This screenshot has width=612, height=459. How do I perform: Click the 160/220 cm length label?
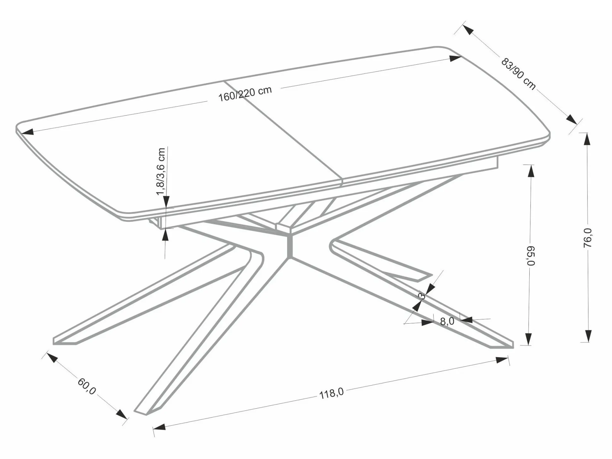click(245, 93)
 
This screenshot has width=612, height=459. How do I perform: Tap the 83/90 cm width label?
click(518, 74)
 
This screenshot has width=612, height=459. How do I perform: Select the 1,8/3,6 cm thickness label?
click(161, 172)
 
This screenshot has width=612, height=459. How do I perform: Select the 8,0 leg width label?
click(447, 321)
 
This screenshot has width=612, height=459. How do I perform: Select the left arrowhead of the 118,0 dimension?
click(159, 427)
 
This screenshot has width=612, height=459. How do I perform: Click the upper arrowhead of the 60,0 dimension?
click(51, 357)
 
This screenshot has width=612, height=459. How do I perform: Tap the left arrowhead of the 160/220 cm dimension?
click(25, 132)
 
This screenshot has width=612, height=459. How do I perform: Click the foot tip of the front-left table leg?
click(142, 412)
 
